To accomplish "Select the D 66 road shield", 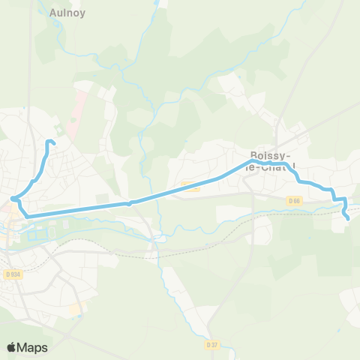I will (x=295, y=200).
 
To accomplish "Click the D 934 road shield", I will (x=13, y=274).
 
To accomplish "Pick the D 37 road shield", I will (x=211, y=344).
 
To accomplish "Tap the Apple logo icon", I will (x=12, y=347).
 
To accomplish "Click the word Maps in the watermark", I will (x=33, y=347).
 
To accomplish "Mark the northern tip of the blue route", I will (x=51, y=141).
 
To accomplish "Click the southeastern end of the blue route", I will (x=349, y=218).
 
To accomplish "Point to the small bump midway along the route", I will (x=130, y=202).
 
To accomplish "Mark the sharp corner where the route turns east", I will (x=28, y=216).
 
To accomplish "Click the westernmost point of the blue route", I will (x=13, y=199).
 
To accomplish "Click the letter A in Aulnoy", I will (x=52, y=13).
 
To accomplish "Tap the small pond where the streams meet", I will (x=157, y=238).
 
